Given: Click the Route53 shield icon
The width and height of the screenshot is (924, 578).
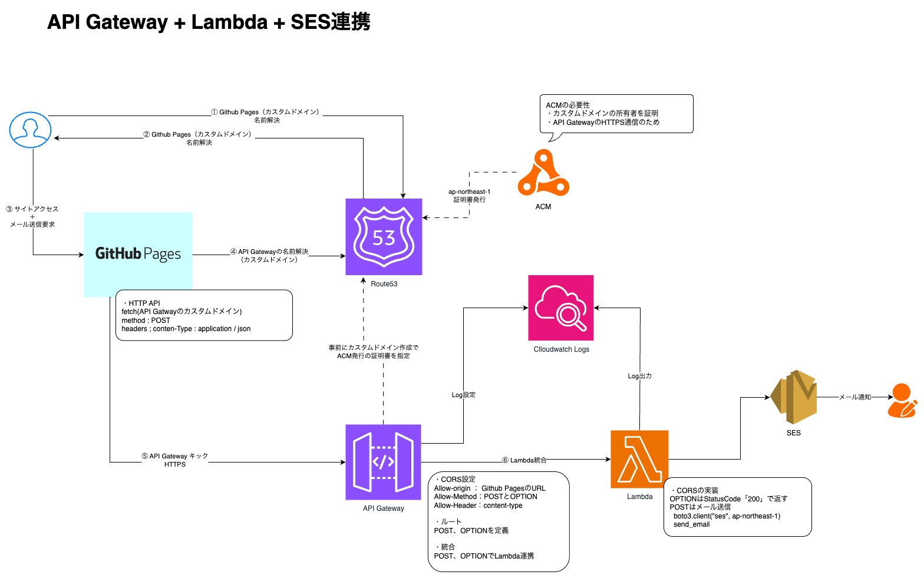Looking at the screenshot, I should click(x=384, y=237).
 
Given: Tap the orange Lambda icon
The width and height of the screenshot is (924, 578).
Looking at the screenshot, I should click(x=639, y=459).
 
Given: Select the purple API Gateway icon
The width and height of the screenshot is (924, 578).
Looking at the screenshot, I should click(x=383, y=462).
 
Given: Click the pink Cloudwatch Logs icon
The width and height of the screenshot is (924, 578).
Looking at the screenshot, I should click(x=560, y=308).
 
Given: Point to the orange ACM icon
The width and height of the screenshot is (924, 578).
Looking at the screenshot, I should click(x=543, y=173).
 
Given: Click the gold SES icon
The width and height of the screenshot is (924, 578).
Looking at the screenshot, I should click(x=793, y=397).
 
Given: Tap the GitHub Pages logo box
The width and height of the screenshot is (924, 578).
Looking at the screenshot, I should click(x=138, y=254).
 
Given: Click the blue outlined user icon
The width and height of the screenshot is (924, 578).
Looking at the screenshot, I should click(x=31, y=130).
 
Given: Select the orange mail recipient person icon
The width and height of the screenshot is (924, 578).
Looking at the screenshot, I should click(x=902, y=401).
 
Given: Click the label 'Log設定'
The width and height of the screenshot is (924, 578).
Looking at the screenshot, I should click(x=463, y=395).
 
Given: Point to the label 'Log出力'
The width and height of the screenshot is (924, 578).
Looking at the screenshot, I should click(x=639, y=376).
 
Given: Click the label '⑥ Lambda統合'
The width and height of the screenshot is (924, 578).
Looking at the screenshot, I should click(x=524, y=460).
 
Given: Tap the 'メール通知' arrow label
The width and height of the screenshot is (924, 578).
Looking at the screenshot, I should click(x=854, y=397).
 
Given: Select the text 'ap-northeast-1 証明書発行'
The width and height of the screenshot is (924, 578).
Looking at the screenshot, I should click(x=469, y=196).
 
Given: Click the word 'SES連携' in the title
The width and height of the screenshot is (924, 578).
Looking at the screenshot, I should click(x=330, y=22).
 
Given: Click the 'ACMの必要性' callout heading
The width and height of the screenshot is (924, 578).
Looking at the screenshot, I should click(x=567, y=105).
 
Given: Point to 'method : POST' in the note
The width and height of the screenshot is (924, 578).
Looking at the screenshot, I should click(x=146, y=321).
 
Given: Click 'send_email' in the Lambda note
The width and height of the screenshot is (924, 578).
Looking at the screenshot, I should click(x=691, y=524).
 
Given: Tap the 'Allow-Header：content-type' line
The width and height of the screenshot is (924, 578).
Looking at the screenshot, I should click(x=478, y=506).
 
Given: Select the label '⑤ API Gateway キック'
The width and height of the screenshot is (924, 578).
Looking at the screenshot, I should click(x=174, y=456).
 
